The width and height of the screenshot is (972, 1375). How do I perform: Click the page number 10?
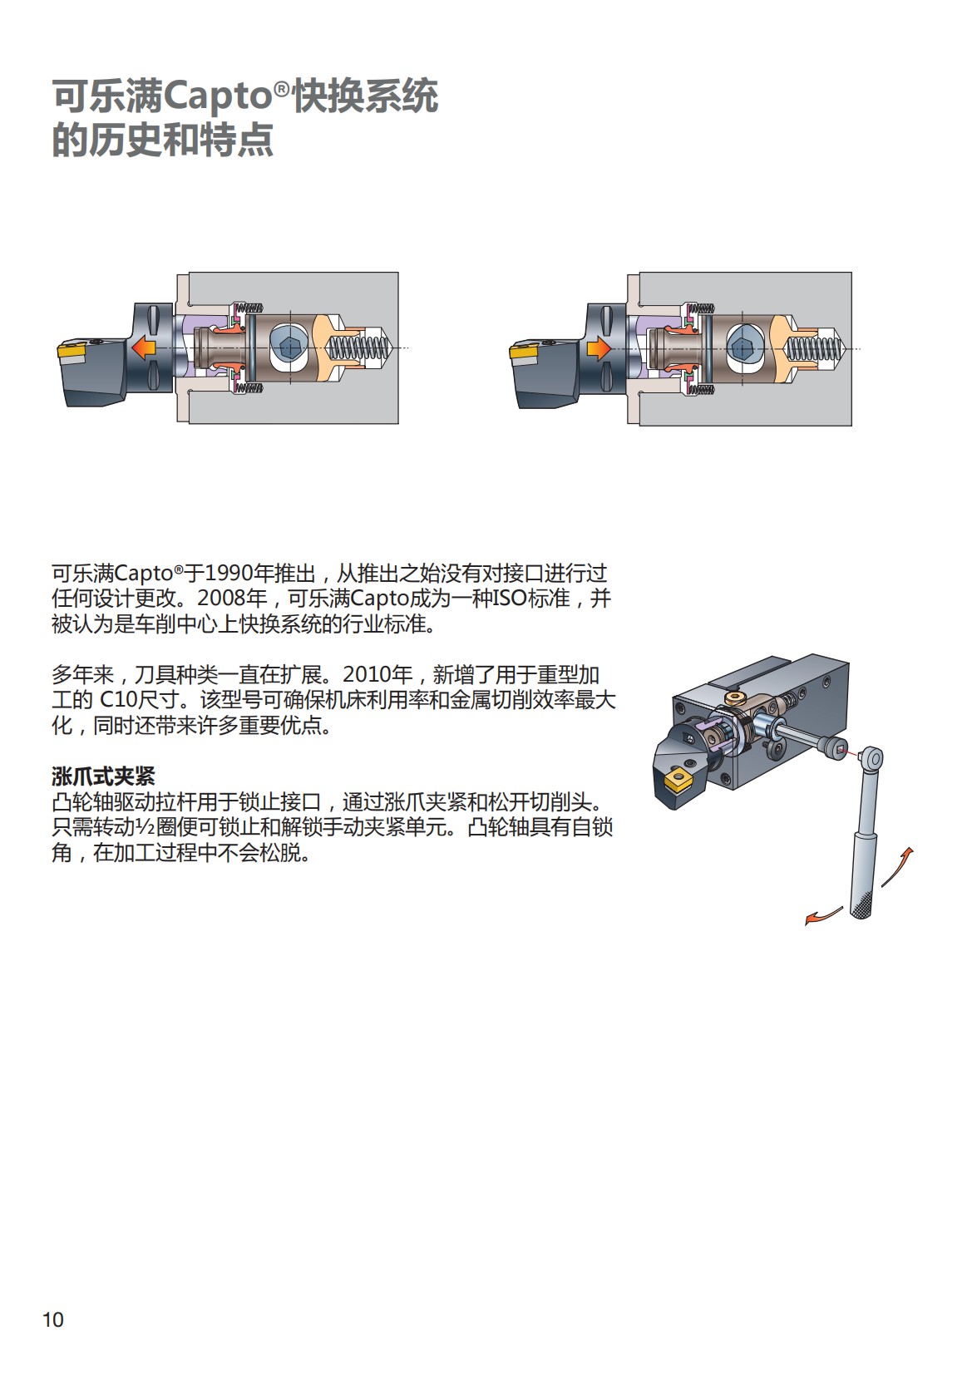tap(52, 1319)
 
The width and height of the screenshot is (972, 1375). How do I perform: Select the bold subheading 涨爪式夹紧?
tap(103, 776)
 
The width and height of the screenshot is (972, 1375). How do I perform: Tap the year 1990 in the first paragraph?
tap(228, 574)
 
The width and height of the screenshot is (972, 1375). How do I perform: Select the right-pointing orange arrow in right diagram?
tap(598, 347)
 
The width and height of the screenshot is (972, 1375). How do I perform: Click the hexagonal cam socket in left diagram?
tap(289, 347)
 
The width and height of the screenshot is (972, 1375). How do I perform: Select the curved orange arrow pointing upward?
tap(899, 866)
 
